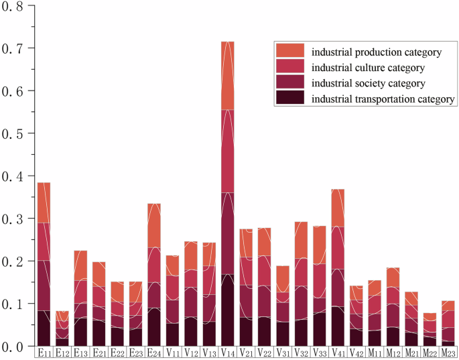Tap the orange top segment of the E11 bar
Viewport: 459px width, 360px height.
pyautogui.click(x=44, y=202)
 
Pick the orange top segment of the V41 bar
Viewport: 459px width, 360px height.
pyautogui.click(x=338, y=208)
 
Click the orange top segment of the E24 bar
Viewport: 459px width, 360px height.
pyautogui.click(x=154, y=225)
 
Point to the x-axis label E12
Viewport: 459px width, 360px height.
pyautogui.click(x=62, y=353)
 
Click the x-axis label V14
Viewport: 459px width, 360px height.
pyautogui.click(x=227, y=353)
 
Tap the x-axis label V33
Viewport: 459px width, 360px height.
pyautogui.click(x=319, y=353)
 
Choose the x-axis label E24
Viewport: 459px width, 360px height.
pyautogui.click(x=154, y=353)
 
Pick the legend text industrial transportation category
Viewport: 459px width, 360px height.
pyautogui.click(x=379, y=99)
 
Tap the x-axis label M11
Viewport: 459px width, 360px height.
pyautogui.click(x=374, y=353)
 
